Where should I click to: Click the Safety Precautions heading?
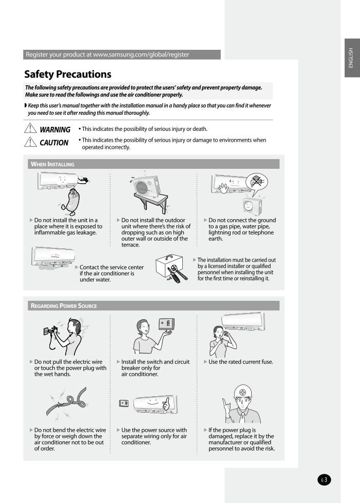pyautogui.click(x=68, y=74)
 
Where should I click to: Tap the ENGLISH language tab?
pyautogui.click(x=352, y=57)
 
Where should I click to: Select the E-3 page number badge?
pyautogui.click(x=324, y=480)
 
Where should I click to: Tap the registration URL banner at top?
pyautogui.click(x=122, y=54)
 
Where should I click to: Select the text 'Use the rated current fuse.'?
pyautogui.click(x=241, y=362)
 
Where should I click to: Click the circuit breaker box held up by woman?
pyautogui.click(x=165, y=323)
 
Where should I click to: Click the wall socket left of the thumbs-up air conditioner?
pyautogui.click(x=124, y=403)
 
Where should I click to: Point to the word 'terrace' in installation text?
pyautogui.click(x=130, y=245)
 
